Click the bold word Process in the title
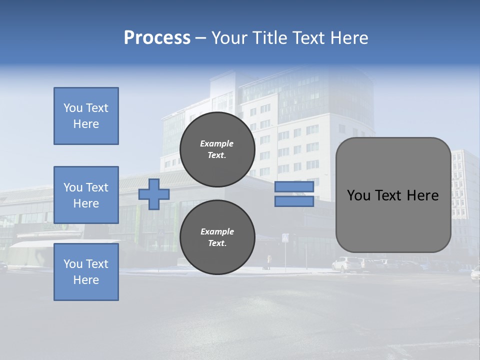click(x=157, y=38)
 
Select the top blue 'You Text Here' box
click(x=86, y=116)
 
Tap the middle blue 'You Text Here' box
click(x=86, y=195)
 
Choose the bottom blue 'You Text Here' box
click(x=86, y=271)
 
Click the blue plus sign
click(x=154, y=194)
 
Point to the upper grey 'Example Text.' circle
click(x=217, y=149)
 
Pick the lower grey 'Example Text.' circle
click(x=217, y=237)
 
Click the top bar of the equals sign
click(x=294, y=187)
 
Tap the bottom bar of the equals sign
click(x=294, y=201)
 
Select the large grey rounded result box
click(x=393, y=195)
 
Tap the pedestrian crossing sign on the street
click(x=285, y=238)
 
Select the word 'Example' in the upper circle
click(x=217, y=143)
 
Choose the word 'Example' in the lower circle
click(x=217, y=231)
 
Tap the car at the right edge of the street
click(x=475, y=273)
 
